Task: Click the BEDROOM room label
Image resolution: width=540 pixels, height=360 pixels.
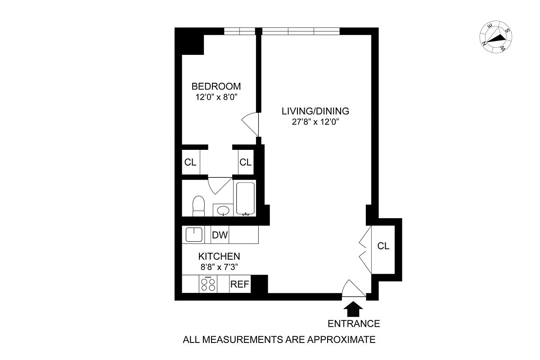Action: click(216, 86)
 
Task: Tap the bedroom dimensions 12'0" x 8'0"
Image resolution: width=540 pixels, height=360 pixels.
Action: click(216, 97)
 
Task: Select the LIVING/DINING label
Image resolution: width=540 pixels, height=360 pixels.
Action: click(315, 111)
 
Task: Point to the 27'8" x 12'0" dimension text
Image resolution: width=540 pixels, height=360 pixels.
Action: click(315, 122)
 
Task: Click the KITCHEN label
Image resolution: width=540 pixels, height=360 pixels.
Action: click(219, 256)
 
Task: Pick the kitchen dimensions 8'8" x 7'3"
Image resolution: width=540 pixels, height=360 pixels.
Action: click(219, 267)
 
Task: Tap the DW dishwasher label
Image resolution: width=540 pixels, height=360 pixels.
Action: click(220, 235)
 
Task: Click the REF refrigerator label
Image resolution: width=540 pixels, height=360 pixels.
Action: click(239, 284)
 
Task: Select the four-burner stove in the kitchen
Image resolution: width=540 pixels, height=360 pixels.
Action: click(208, 284)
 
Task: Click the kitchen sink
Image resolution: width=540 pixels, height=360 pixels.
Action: click(194, 234)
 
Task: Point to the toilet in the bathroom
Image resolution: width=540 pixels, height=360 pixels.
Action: click(198, 206)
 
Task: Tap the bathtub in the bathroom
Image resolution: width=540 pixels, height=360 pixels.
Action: click(245, 198)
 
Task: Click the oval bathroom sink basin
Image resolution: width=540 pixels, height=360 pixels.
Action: click(223, 211)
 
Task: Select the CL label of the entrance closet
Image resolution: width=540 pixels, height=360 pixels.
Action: click(383, 246)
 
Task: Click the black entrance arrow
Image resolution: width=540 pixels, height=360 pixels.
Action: click(353, 309)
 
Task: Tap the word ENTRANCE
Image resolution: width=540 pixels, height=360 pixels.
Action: click(354, 324)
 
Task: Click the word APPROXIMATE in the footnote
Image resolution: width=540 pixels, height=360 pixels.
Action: click(341, 339)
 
